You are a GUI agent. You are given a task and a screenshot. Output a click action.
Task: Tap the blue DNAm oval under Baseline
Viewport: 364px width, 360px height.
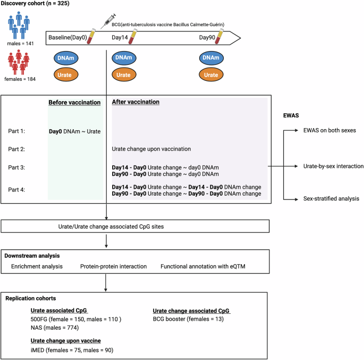click(65, 57)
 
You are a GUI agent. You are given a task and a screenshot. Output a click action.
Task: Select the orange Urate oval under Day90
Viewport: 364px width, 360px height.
click(211, 75)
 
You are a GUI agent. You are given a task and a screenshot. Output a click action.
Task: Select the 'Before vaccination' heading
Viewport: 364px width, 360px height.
click(74, 102)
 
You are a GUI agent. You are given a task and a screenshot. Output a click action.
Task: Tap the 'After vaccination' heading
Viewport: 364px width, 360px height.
click(136, 102)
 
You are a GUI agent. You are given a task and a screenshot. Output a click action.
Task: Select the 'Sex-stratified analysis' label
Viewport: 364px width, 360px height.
click(325, 198)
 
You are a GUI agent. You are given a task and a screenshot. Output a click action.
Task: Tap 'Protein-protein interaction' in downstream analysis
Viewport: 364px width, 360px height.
click(113, 265)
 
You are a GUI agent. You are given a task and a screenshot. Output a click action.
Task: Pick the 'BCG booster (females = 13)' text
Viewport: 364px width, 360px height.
click(188, 320)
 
